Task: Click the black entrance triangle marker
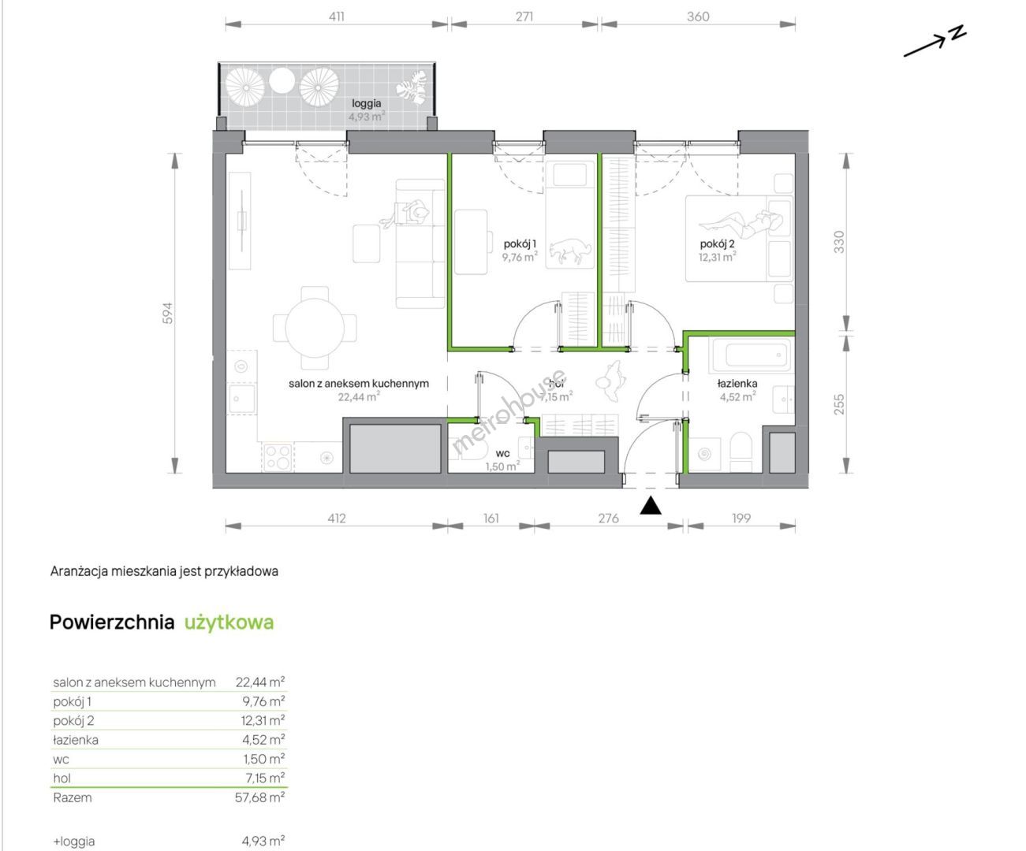pyautogui.click(x=650, y=506)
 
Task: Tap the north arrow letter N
pyautogui.click(x=957, y=32)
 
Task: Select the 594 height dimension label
pyautogui.click(x=168, y=313)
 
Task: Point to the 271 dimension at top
pyautogui.click(x=524, y=17)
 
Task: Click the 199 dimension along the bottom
pyautogui.click(x=741, y=518)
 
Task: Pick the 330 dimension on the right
pyautogui.click(x=839, y=242)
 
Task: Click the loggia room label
pyautogui.click(x=366, y=103)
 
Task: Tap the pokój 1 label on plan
pyautogui.click(x=520, y=243)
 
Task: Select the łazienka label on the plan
pyautogui.click(x=737, y=384)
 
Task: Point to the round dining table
pyautogui.click(x=315, y=328)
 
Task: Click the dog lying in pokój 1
pyautogui.click(x=570, y=251)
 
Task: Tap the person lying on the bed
pyautogui.click(x=741, y=225)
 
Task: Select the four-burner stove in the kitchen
pyautogui.click(x=278, y=457)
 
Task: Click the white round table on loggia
pyautogui.click(x=282, y=80)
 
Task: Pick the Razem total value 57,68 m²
pyautogui.click(x=260, y=797)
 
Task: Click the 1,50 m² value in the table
pyautogui.click(x=264, y=759)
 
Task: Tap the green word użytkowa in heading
pyautogui.click(x=229, y=622)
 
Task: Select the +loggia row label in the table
pyautogui.click(x=73, y=842)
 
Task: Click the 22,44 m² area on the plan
pyautogui.click(x=359, y=397)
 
